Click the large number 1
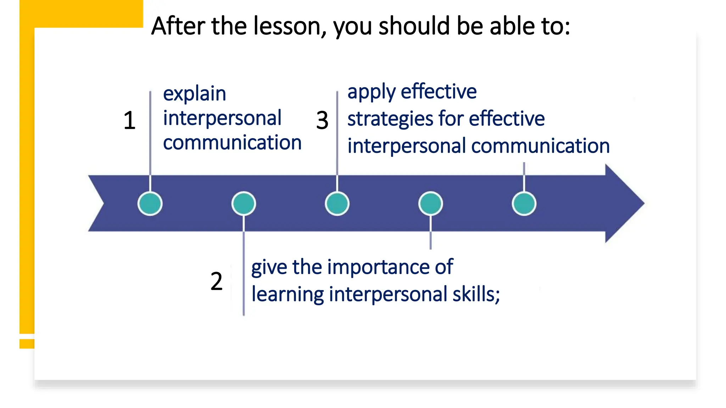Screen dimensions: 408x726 tap(129, 120)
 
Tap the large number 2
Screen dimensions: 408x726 tap(216, 281)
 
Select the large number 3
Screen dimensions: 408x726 tap(322, 120)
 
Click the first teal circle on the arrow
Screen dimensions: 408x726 tap(150, 204)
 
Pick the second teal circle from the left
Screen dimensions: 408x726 tap(244, 204)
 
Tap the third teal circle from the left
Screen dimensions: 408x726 tap(337, 204)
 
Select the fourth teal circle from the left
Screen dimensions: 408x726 tap(430, 204)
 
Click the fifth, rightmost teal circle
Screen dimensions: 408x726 tap(524, 204)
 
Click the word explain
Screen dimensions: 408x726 tap(194, 94)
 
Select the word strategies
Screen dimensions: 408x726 tap(390, 119)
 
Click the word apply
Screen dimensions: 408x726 tap(371, 92)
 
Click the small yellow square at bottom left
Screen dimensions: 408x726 tap(27, 344)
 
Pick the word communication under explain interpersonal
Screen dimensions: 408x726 tap(232, 143)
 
